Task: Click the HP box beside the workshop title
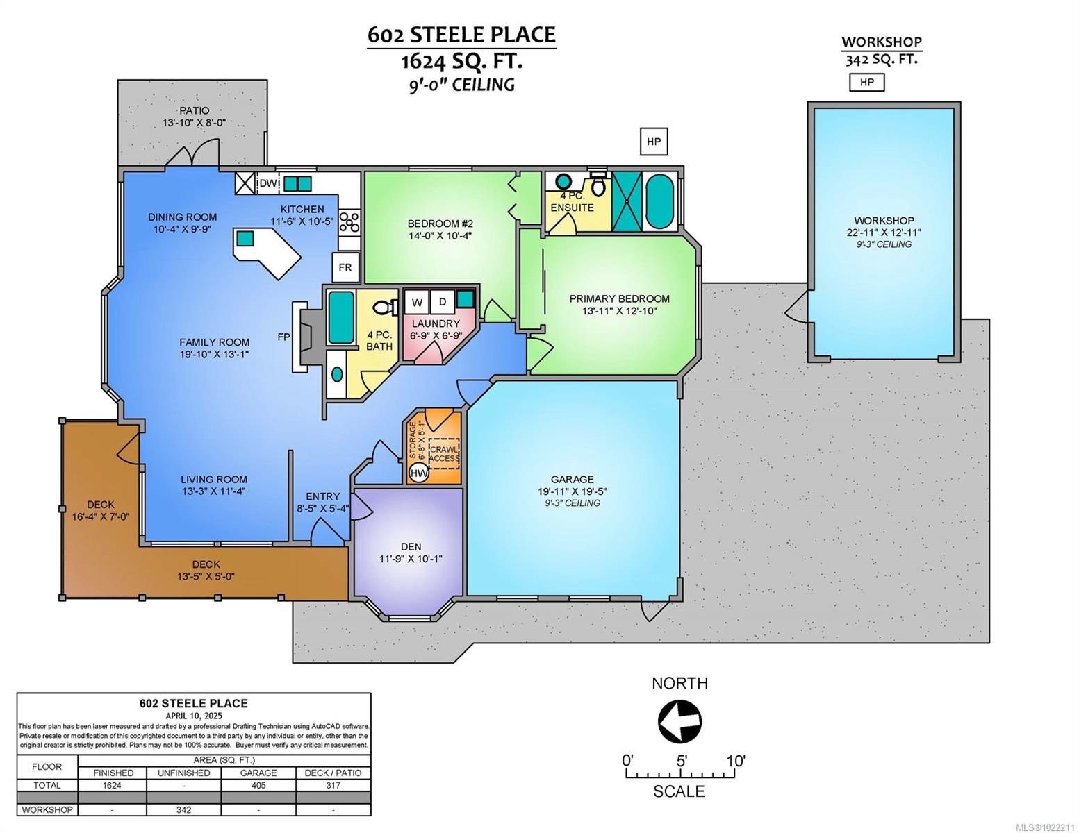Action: pos(866,82)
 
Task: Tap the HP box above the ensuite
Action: pos(653,142)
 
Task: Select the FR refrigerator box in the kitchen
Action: pos(345,267)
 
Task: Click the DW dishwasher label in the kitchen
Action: pos(268,184)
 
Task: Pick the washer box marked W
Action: pos(417,302)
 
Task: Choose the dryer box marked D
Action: pos(443,302)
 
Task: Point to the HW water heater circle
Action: pos(419,473)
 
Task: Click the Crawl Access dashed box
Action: pos(444,453)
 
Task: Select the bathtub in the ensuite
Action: pos(659,201)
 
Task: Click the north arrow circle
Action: pos(679,722)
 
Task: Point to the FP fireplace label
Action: pos(283,337)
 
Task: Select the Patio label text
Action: pos(194,110)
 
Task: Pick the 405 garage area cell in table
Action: pos(258,785)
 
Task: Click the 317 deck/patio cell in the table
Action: pos(333,785)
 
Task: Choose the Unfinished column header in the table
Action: pos(183,773)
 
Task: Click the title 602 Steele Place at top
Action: pos(461,35)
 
